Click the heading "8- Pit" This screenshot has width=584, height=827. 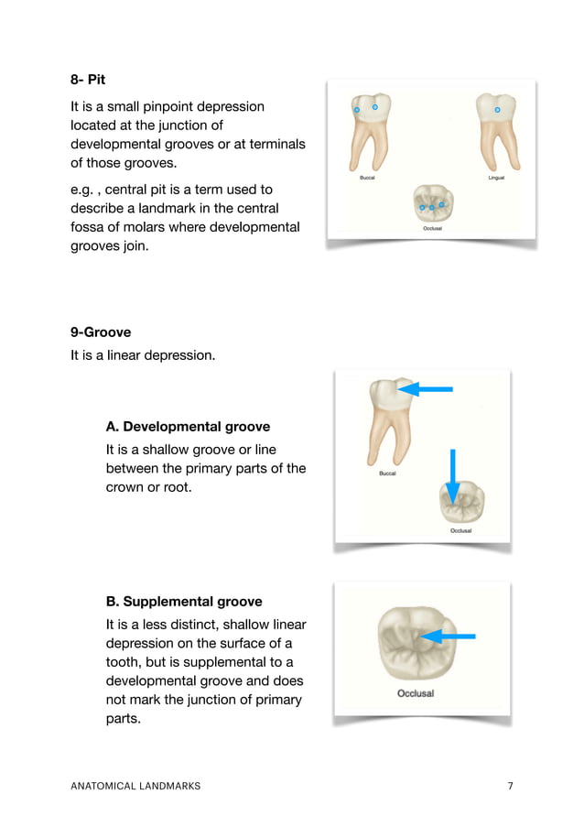point(88,80)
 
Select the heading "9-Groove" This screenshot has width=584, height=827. point(101,332)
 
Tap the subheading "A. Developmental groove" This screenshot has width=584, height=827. point(188,427)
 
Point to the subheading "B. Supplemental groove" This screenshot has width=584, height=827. point(184,602)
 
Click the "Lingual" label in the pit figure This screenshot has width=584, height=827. point(496,178)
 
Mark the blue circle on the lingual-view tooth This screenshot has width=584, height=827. point(497,110)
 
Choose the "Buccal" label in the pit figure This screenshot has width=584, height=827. point(366,178)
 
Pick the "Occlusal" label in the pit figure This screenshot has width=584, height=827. point(432,228)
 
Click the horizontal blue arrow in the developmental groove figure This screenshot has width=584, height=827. point(427,389)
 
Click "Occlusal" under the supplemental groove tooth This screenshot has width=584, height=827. point(416,693)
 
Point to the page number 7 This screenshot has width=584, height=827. point(510,786)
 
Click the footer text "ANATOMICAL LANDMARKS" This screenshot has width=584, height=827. point(135,786)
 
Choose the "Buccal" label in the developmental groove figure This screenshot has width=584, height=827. point(387,473)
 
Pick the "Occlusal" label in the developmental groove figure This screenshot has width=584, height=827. point(460,530)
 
